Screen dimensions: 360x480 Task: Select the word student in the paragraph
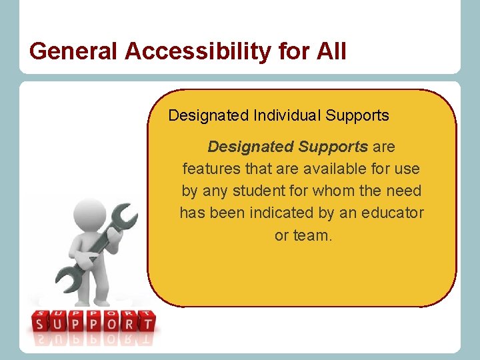pyautogui.click(x=264, y=191)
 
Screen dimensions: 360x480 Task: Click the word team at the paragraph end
pyautogui.click(x=313, y=235)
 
